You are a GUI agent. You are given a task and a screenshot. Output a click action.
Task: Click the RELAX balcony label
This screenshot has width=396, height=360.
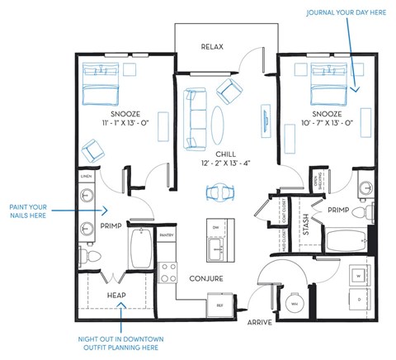[x=212, y=47]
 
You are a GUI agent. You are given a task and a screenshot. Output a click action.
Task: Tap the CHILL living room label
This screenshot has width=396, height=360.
[x=225, y=154]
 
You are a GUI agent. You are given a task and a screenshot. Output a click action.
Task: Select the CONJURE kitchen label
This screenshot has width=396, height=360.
[x=205, y=278]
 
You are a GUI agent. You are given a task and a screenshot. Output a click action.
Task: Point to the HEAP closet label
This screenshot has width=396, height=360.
[x=115, y=294]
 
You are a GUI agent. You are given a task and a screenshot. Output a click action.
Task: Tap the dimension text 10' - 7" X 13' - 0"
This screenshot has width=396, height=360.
[x=327, y=122]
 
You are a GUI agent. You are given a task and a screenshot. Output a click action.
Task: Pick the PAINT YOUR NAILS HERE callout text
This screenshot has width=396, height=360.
[x=30, y=211]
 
